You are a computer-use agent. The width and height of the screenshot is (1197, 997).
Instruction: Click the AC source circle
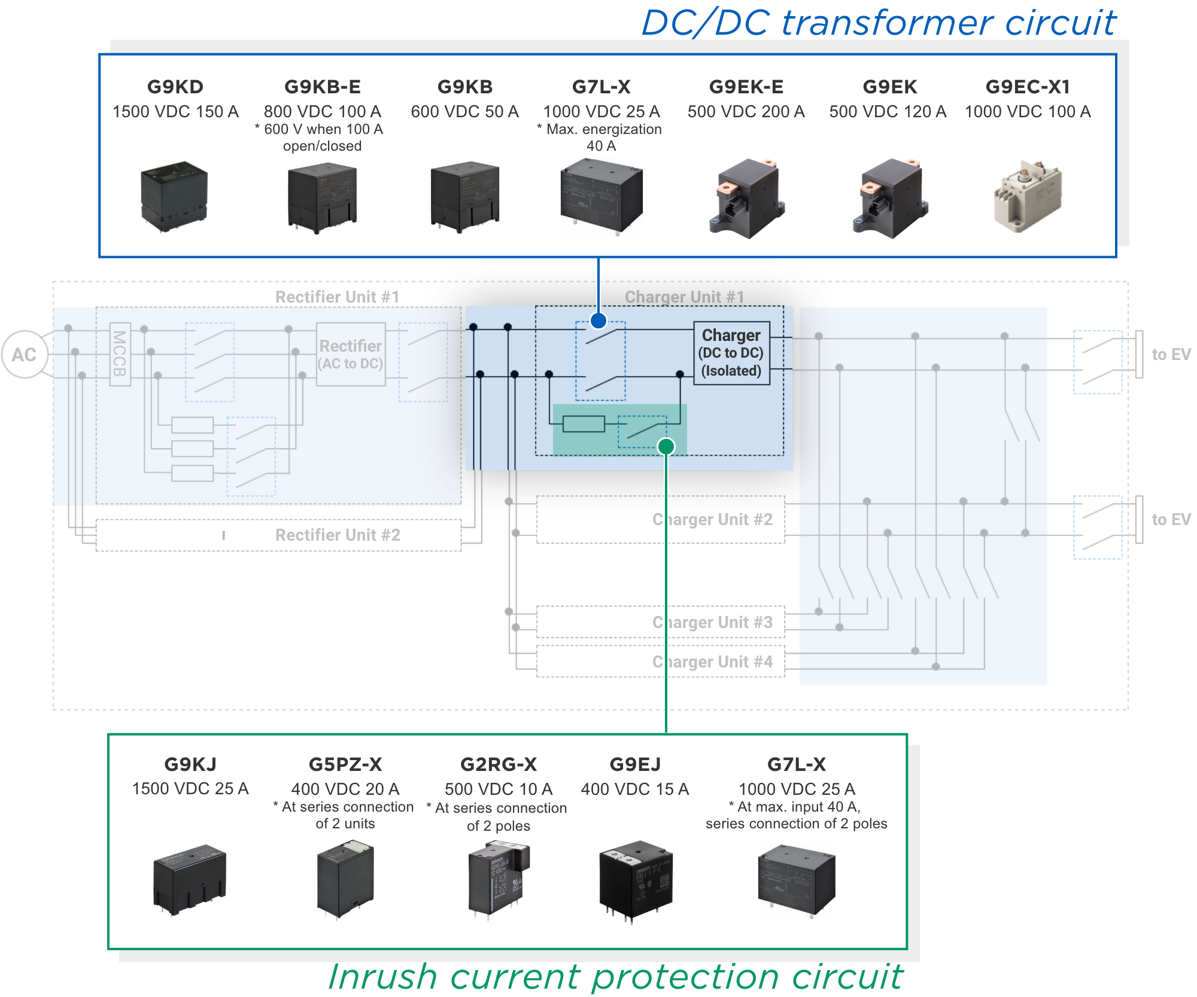coord(25,354)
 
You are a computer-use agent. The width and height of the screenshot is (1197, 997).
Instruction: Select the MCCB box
coord(120,354)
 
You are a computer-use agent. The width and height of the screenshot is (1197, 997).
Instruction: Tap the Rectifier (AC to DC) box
coord(351,354)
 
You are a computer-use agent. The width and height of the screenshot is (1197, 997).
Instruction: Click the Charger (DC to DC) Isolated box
coord(731,353)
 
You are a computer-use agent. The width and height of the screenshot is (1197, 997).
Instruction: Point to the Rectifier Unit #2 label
coord(338,535)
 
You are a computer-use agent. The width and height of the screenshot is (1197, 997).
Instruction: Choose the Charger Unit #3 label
coord(712,622)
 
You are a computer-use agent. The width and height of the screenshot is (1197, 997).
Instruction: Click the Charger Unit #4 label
coord(712,661)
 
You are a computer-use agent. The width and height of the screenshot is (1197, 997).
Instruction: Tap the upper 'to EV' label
coord(1171,355)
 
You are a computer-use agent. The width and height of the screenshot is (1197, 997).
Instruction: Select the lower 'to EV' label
coord(1171,519)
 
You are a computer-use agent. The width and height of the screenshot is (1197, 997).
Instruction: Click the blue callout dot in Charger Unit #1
coord(598,321)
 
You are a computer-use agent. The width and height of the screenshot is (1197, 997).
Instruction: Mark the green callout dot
coord(666,446)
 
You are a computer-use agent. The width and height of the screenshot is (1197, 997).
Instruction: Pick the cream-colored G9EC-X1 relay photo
coord(1028,196)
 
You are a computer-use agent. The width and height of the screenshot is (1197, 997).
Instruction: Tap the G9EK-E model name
coord(746,87)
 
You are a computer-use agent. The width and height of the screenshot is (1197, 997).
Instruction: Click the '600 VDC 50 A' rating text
coord(464,112)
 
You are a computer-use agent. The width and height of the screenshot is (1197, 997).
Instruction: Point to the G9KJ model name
coord(190,764)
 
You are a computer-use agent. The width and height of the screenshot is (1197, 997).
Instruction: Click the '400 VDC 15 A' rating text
coord(635,789)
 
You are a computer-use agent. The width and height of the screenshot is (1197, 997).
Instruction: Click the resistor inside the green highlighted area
coord(584,424)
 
